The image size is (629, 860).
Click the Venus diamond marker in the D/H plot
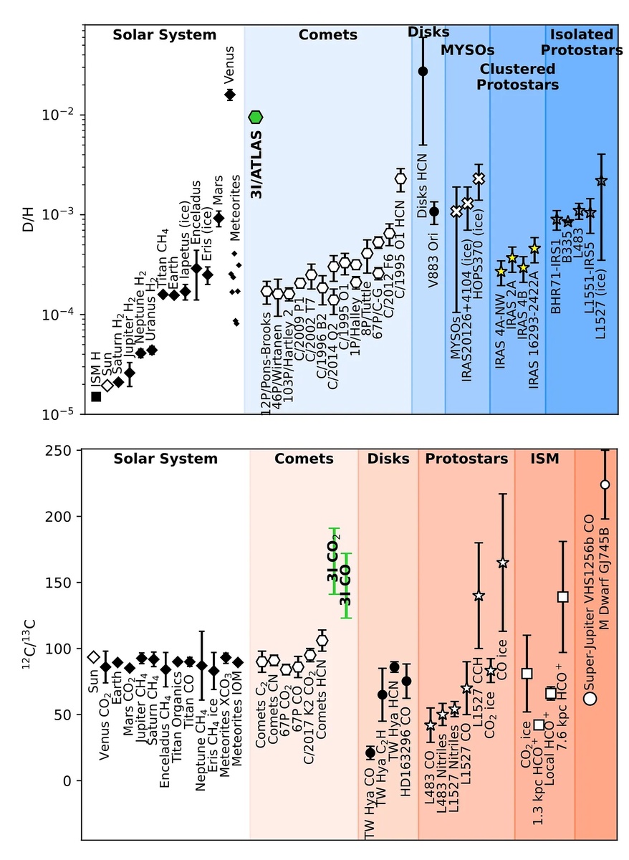[230, 95]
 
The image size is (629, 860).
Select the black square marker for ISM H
[96, 396]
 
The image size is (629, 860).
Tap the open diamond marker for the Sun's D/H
[107, 386]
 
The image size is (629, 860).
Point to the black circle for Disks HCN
[423, 71]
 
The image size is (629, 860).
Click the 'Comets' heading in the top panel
[327, 35]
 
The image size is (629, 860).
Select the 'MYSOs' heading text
[467, 50]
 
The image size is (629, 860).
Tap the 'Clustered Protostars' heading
[518, 77]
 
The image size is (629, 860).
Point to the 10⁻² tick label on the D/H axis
[64, 115]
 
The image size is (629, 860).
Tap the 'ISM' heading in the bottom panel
[543, 459]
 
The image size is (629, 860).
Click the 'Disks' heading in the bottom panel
[388, 459]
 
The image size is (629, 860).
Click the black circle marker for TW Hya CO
[370, 752]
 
